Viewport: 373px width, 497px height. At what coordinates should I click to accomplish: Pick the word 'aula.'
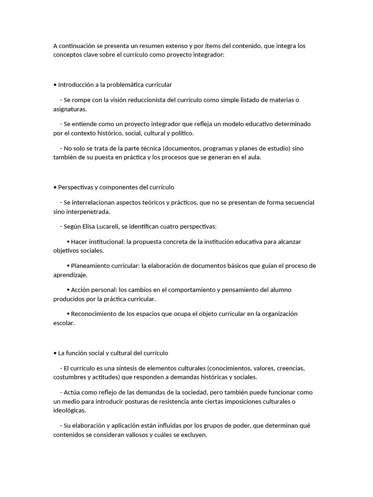(253, 157)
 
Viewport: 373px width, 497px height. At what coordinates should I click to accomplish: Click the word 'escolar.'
(64, 323)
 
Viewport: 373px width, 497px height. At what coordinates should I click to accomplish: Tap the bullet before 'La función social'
(55, 353)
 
